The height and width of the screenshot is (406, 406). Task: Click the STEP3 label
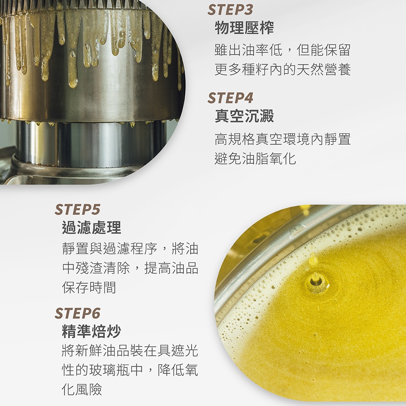[x=230, y=10]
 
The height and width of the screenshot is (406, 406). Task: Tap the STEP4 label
[x=230, y=98]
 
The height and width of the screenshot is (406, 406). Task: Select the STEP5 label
[x=77, y=209]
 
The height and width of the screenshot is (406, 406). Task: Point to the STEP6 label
[x=77, y=313]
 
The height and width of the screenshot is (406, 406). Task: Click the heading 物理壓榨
[x=244, y=28]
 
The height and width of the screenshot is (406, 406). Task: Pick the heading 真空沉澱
[x=244, y=116]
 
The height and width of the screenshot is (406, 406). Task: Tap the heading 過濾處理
[x=91, y=228]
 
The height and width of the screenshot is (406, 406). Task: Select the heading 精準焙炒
[x=91, y=331]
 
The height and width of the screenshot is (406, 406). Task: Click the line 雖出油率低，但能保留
[x=283, y=50]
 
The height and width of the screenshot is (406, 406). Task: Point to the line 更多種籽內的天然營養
[x=283, y=69]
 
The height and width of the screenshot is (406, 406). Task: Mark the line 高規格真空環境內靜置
[x=283, y=139]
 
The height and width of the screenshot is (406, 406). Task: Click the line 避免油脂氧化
[x=255, y=158]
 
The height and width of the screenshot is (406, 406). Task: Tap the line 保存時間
[x=89, y=287]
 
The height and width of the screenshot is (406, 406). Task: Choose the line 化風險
[x=82, y=389]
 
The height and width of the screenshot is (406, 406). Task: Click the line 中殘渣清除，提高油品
[x=130, y=268]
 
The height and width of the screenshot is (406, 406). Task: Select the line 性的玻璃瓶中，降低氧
[x=130, y=370]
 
